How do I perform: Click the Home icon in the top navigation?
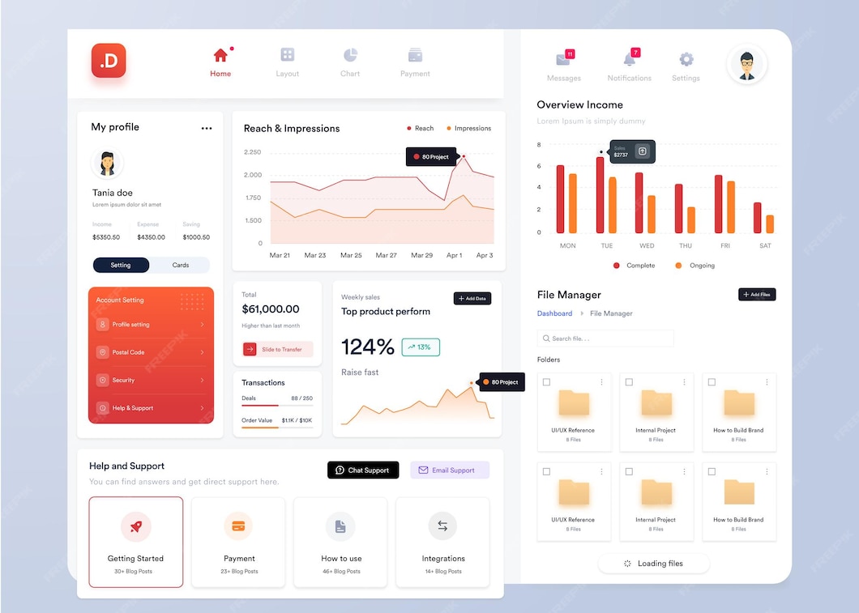220,55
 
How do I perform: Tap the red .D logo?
109,61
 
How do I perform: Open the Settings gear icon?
686,59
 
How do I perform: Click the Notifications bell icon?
630,59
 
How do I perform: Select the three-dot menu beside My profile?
207,128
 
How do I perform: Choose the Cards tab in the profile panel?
180,265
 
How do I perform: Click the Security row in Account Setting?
151,380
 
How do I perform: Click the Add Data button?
472,299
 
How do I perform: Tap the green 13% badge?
421,347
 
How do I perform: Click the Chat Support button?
363,470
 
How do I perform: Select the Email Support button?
450,470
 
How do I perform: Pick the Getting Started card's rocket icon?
136,526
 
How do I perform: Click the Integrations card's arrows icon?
442,526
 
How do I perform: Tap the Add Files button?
757,295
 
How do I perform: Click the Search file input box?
605,338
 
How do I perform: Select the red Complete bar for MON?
560,199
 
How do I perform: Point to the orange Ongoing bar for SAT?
770,224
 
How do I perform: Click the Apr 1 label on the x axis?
454,255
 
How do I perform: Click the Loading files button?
654,564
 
